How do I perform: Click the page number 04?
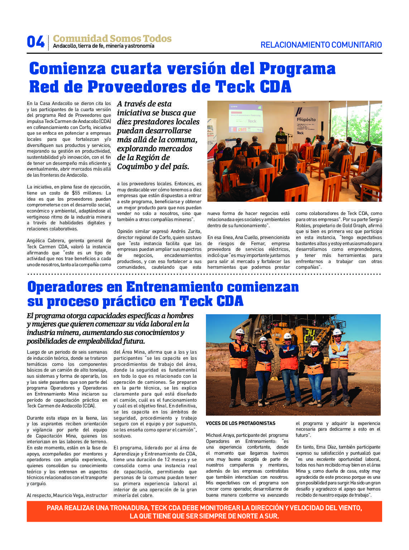coord(35,42)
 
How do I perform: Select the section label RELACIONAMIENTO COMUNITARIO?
coord(321,45)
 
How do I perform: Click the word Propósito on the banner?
coord(306,119)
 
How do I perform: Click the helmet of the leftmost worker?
coord(240,331)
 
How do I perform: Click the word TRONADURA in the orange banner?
coord(130,508)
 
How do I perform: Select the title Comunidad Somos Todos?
coord(112,38)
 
